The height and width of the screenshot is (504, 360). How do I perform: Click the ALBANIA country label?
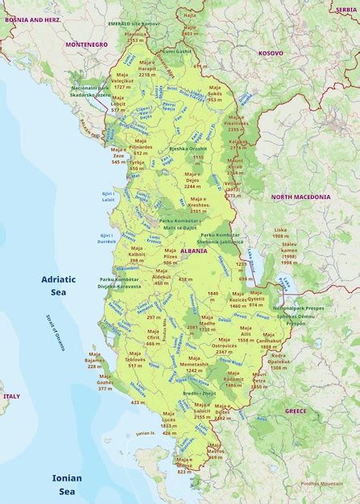(x=194, y=250)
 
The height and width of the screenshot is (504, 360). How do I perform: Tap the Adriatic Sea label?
(x=58, y=286)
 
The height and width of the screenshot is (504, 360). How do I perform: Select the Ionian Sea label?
(x=68, y=484)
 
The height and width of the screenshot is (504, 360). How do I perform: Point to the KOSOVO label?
(x=271, y=52)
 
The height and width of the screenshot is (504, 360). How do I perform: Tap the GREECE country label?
(x=296, y=411)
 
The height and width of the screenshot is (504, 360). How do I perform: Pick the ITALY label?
(x=11, y=396)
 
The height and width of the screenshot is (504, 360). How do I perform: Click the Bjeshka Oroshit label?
(x=187, y=149)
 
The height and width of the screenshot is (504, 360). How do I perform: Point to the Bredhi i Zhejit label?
(x=200, y=392)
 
